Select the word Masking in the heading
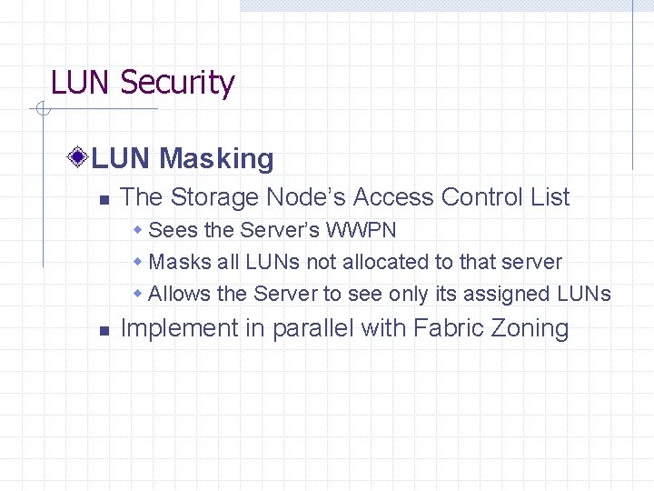pyautogui.click(x=216, y=159)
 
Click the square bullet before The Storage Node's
pyautogui.click(x=104, y=198)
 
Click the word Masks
pyautogui.click(x=174, y=262)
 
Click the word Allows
pyautogui.click(x=179, y=294)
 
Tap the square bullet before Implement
pyautogui.click(x=104, y=330)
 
